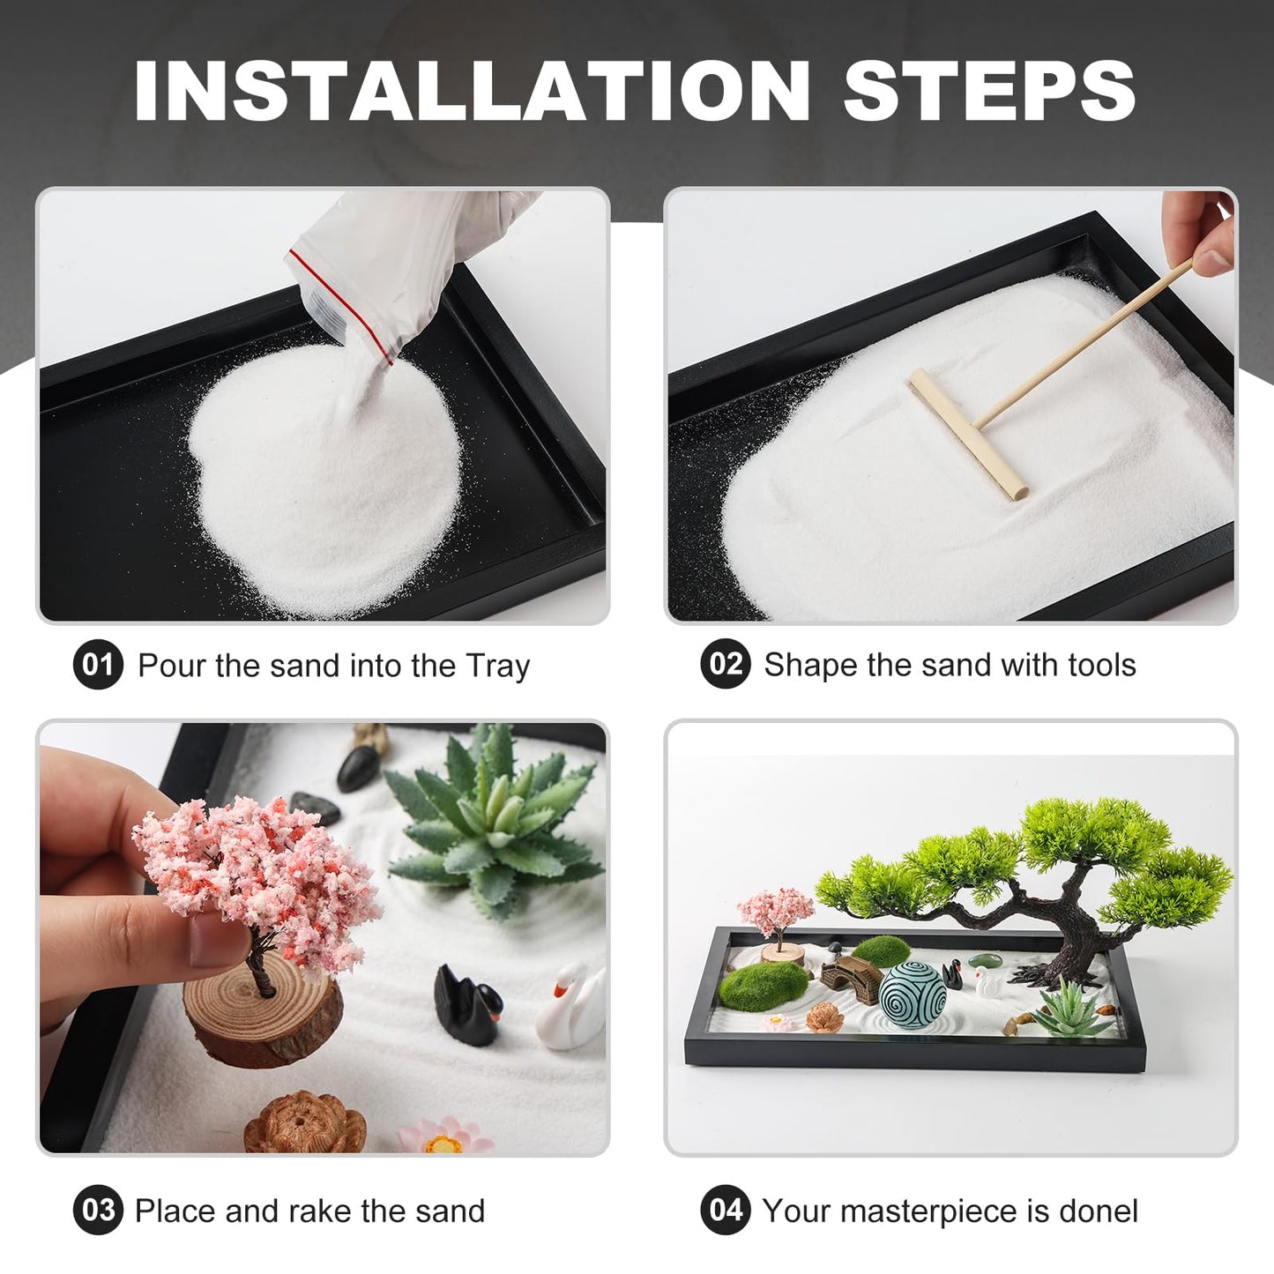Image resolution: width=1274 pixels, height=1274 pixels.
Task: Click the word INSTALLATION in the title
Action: click(x=472, y=91)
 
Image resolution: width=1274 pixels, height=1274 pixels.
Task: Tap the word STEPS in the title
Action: click(x=988, y=91)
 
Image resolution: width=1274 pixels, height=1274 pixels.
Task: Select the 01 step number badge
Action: click(x=97, y=665)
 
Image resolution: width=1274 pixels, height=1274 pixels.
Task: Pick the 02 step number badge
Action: click(x=725, y=664)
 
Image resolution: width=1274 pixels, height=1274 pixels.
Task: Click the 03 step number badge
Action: click(x=97, y=1211)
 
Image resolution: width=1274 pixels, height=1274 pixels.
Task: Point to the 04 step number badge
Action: click(x=725, y=1210)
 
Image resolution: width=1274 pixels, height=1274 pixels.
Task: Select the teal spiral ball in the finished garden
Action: click(x=913, y=994)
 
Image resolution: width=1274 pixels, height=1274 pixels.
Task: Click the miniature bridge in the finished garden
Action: click(x=851, y=973)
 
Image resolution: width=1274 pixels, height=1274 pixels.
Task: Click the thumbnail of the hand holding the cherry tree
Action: click(x=323, y=937)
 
